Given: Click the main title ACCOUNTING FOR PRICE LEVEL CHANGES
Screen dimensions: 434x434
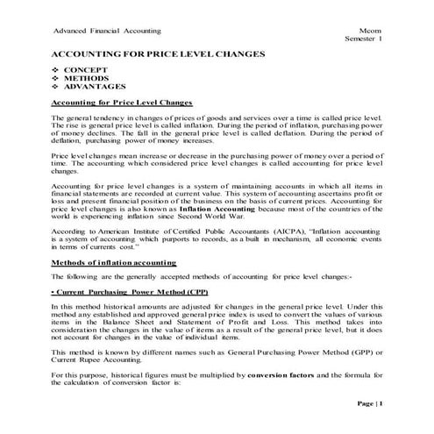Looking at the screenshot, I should tap(158, 54).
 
